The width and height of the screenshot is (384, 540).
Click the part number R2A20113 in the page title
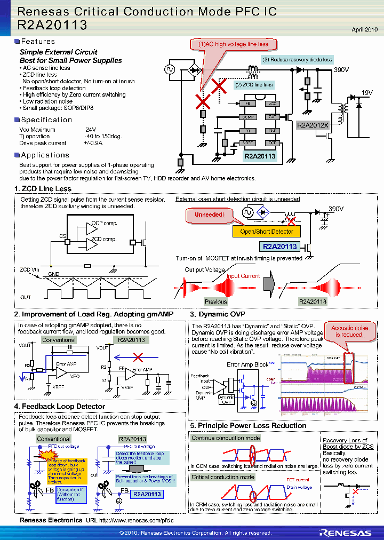pos(52,25)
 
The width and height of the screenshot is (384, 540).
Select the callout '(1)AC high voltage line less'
pos(234,44)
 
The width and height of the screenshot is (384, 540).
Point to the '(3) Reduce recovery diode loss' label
pos(297,60)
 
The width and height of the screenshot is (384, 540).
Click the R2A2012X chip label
pos(313,125)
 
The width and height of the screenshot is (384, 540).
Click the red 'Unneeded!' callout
pos(209,215)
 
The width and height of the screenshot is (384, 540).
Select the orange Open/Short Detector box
pos(267,232)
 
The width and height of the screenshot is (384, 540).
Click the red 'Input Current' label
pos(243,276)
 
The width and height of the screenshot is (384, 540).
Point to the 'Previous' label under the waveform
pos(215,301)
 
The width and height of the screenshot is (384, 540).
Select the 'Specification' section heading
pos(46,120)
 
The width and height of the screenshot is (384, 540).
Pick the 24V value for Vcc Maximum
pos(91,130)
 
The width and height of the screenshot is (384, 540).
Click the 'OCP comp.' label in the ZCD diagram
pos(104,223)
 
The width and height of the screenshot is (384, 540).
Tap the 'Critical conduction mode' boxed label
pos(223,477)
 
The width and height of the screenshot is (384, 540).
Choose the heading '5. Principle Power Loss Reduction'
pos(248,425)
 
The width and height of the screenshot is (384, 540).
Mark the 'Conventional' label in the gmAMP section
pos(59,340)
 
